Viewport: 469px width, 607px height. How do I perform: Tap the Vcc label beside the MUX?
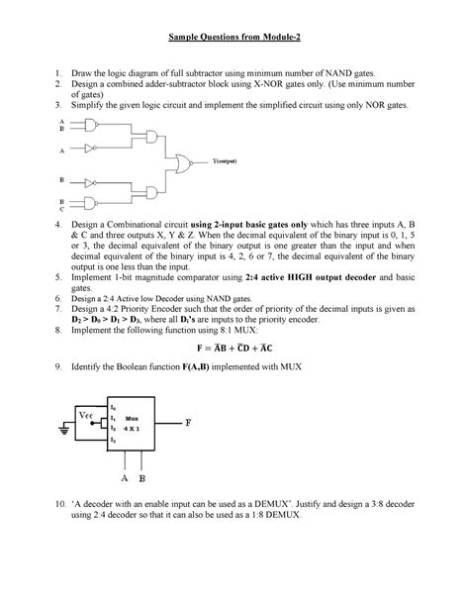click(89, 416)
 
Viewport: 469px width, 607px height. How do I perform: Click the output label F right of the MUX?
click(187, 423)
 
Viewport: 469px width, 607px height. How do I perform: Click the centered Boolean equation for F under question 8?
click(234, 348)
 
